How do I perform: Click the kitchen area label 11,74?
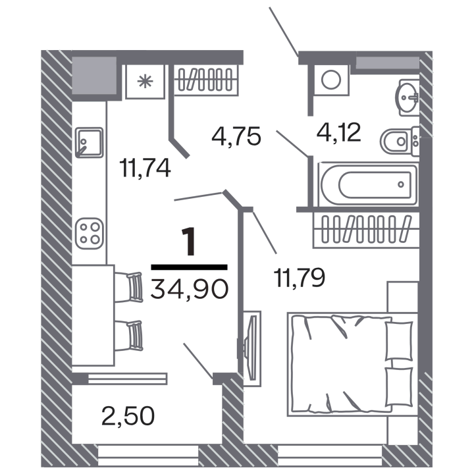click(145, 169)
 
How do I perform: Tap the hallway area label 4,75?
click(236, 136)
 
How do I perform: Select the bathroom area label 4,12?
click(338, 132)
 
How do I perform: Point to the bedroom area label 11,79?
click(300, 278)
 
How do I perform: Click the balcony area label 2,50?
click(128, 416)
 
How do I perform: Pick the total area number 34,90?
click(189, 289)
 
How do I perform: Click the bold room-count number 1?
click(189, 242)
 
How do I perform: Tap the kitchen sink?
click(89, 143)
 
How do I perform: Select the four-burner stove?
click(89, 234)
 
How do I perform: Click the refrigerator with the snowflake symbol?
click(145, 82)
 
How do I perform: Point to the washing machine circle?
click(331, 80)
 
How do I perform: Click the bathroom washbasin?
click(407, 97)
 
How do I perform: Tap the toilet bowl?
click(399, 141)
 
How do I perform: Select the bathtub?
click(368, 184)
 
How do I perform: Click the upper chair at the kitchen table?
click(128, 287)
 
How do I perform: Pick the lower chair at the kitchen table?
click(128, 336)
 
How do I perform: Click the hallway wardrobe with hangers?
click(206, 80)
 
